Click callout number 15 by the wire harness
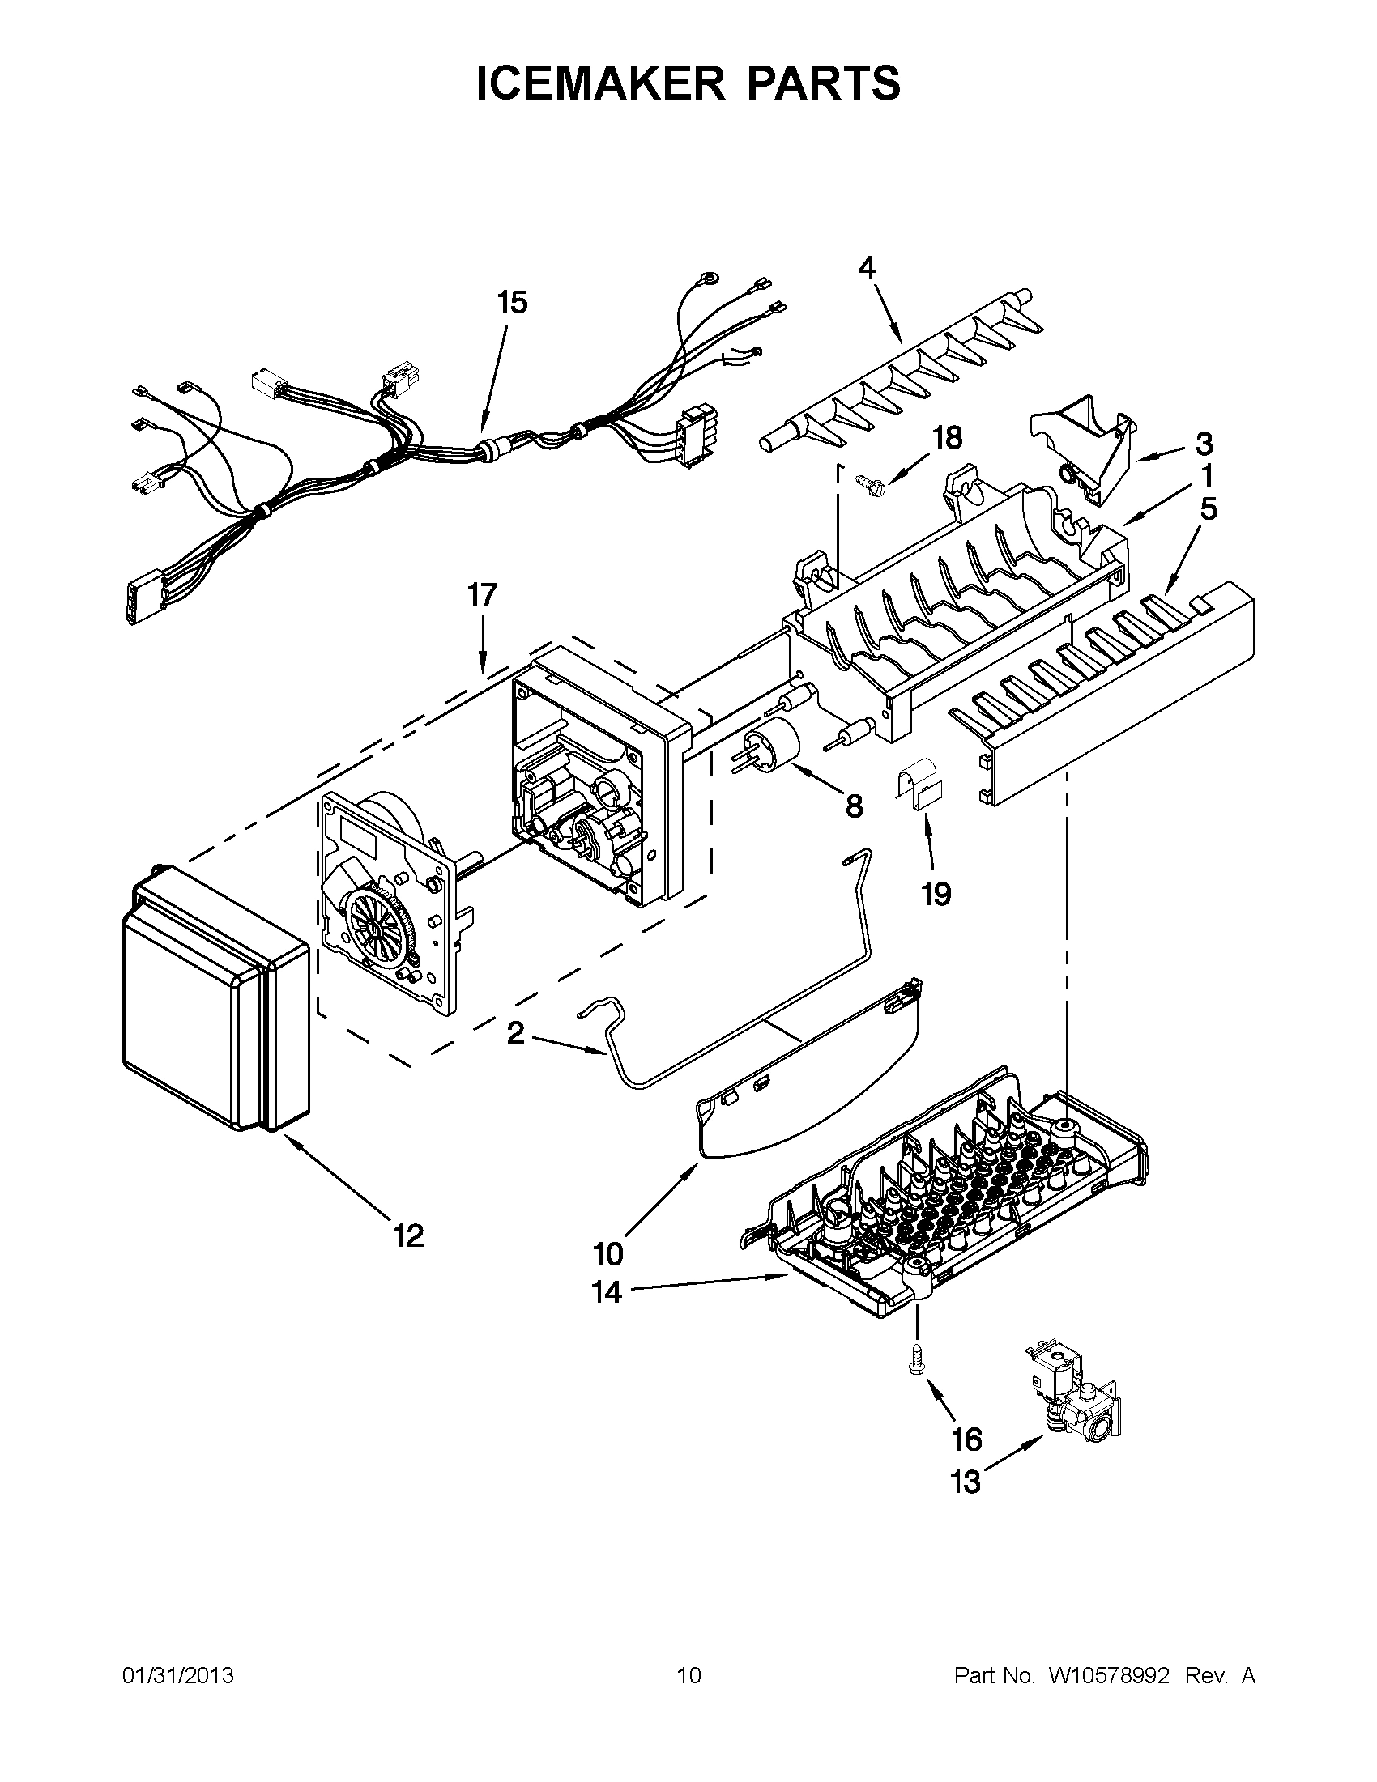[x=512, y=303]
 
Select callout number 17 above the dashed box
[x=481, y=595]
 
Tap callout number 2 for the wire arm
[x=515, y=1034]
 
